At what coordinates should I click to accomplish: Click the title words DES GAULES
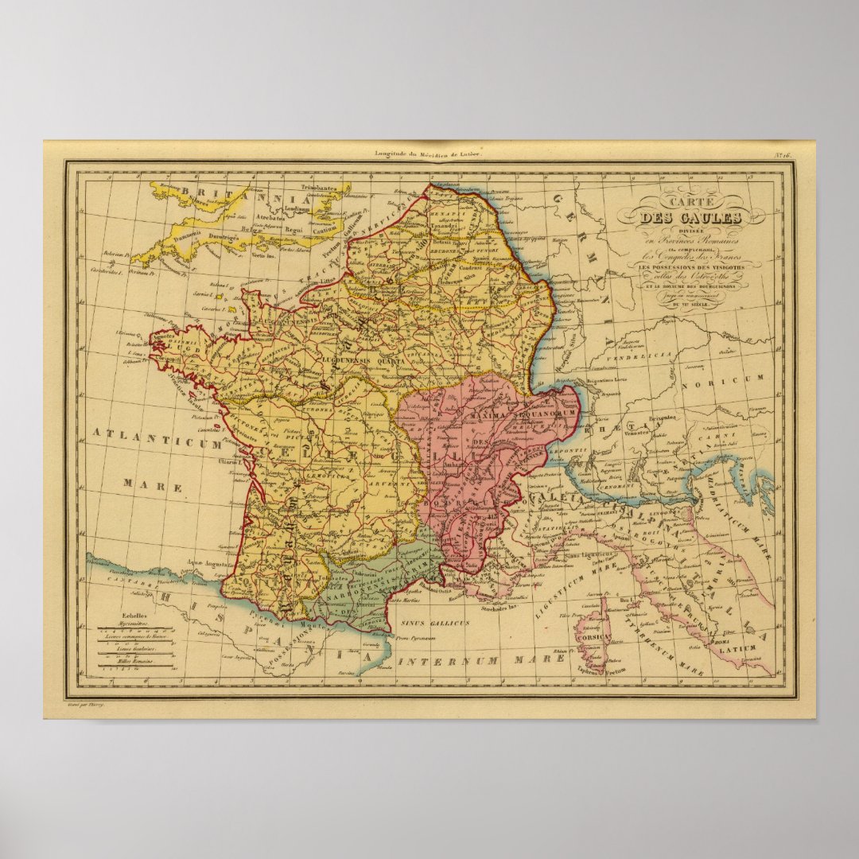[x=692, y=216]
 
